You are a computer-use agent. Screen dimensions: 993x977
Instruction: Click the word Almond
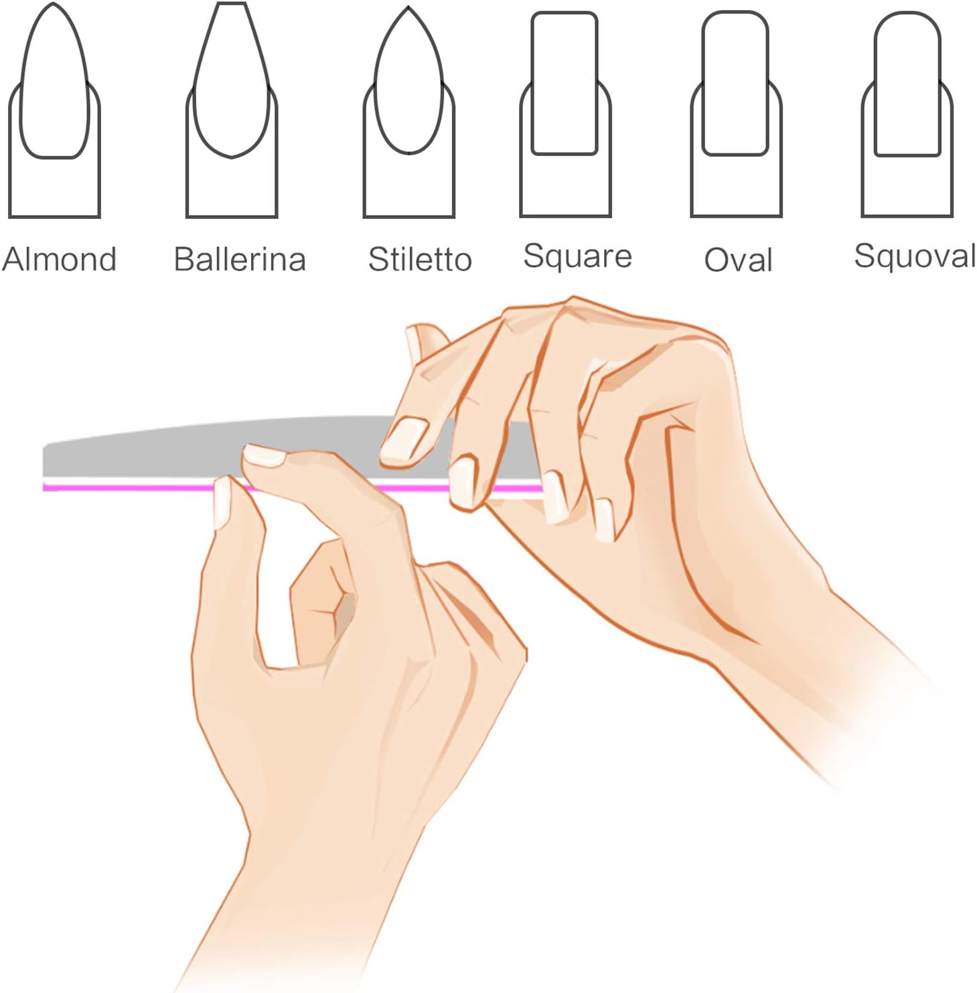pos(59,259)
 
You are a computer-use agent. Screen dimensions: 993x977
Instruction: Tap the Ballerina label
pos(240,259)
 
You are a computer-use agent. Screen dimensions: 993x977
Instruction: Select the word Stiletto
pos(420,259)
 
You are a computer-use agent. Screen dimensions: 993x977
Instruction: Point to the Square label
pos(577,256)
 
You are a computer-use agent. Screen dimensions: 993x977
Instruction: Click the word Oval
pos(738,260)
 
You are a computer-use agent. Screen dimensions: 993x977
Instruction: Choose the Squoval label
pos(915,256)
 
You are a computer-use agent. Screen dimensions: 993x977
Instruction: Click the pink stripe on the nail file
pos(134,487)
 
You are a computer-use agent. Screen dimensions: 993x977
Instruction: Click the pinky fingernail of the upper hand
pos(603,519)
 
